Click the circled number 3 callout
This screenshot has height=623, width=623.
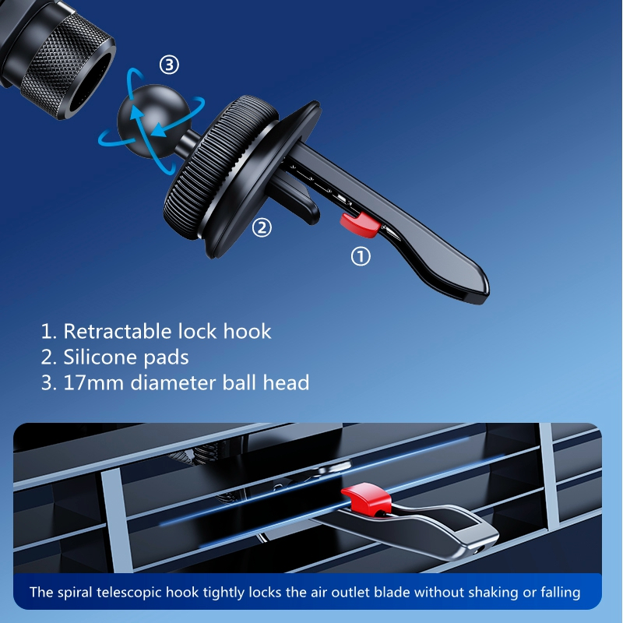(169, 65)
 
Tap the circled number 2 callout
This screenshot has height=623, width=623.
(262, 227)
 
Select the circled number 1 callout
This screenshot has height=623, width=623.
(361, 256)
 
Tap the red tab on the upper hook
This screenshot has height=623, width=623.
(360, 224)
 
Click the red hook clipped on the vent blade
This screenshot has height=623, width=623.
(366, 497)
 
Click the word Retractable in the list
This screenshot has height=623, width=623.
(118, 331)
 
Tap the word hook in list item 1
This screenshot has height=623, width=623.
(247, 331)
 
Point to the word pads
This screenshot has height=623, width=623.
(166, 357)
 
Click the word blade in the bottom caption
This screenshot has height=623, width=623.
(392, 592)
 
